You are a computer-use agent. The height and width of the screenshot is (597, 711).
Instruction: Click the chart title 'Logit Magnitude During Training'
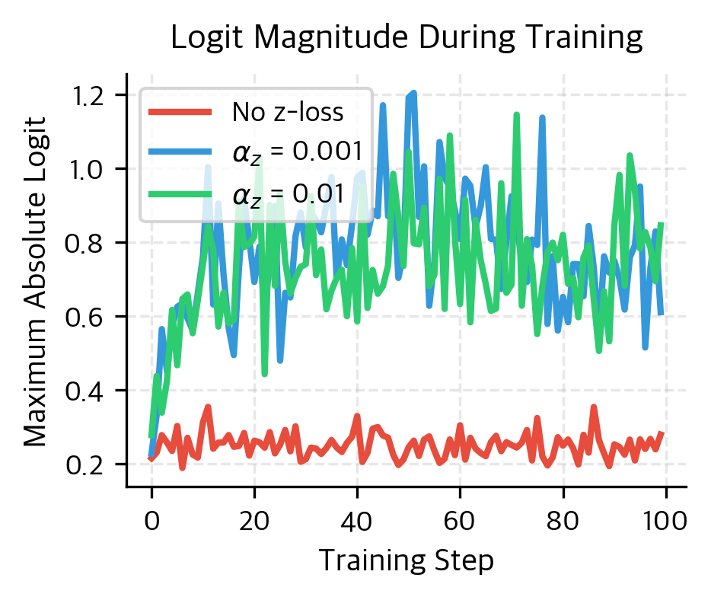click(407, 37)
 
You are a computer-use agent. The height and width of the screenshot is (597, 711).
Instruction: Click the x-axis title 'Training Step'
click(407, 560)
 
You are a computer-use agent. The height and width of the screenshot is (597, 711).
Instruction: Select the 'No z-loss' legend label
click(288, 113)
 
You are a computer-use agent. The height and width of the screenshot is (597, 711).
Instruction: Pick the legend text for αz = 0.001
click(295, 152)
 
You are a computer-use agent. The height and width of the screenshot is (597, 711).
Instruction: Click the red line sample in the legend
click(180, 113)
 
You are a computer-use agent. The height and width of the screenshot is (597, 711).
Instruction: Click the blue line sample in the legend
click(180, 152)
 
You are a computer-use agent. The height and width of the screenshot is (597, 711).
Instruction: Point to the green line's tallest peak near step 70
click(517, 115)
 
